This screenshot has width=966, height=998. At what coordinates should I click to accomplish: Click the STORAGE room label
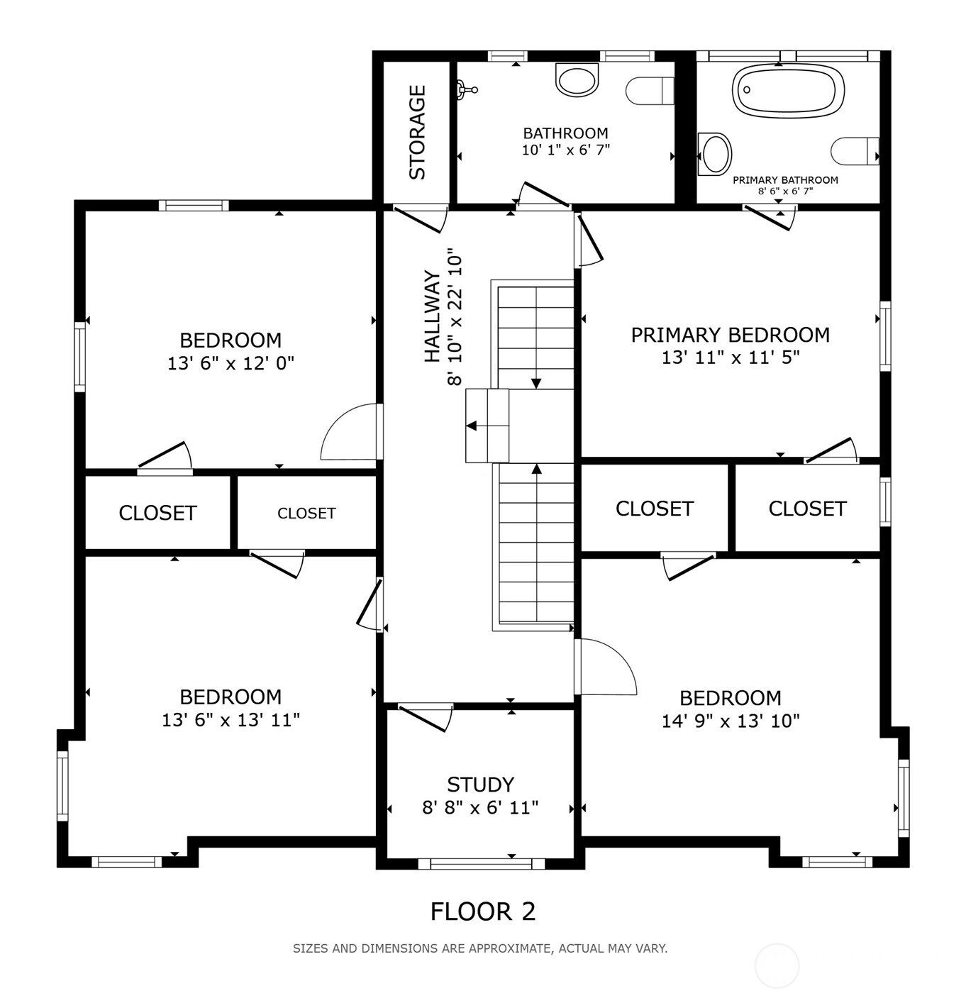point(417,133)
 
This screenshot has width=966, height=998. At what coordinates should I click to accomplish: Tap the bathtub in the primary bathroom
point(788,91)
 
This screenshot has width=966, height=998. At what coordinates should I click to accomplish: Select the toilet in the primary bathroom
point(855,151)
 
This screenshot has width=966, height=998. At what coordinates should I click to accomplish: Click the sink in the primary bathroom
point(715,155)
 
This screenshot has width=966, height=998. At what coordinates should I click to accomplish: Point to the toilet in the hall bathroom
point(650,91)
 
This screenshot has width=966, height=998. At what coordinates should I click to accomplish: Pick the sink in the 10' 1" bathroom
point(577,79)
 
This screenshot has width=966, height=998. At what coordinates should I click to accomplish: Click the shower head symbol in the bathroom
point(467,90)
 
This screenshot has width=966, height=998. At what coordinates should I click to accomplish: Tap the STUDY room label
point(480,784)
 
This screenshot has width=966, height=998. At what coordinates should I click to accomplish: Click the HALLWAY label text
point(432,316)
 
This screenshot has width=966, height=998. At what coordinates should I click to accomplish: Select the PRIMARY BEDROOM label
point(730,335)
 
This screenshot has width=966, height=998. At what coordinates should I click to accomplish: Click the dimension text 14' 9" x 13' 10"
point(731,721)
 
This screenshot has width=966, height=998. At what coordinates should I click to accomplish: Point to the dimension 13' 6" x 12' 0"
point(231,363)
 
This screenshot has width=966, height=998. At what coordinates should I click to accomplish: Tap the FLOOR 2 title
point(483,911)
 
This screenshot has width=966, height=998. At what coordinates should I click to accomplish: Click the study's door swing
point(426,718)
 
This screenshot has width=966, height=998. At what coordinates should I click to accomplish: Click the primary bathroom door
point(769,218)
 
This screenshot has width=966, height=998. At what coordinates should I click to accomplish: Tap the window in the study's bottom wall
point(482,864)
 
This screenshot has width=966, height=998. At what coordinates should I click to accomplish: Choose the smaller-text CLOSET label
point(306,514)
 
